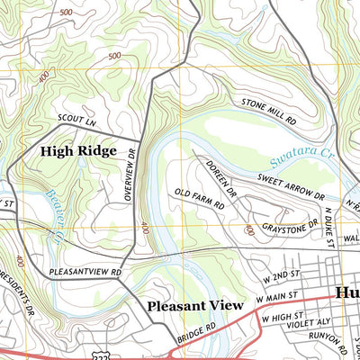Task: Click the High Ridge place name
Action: (x=78, y=151)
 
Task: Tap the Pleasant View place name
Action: (x=195, y=306)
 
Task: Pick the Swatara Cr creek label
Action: (x=301, y=162)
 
